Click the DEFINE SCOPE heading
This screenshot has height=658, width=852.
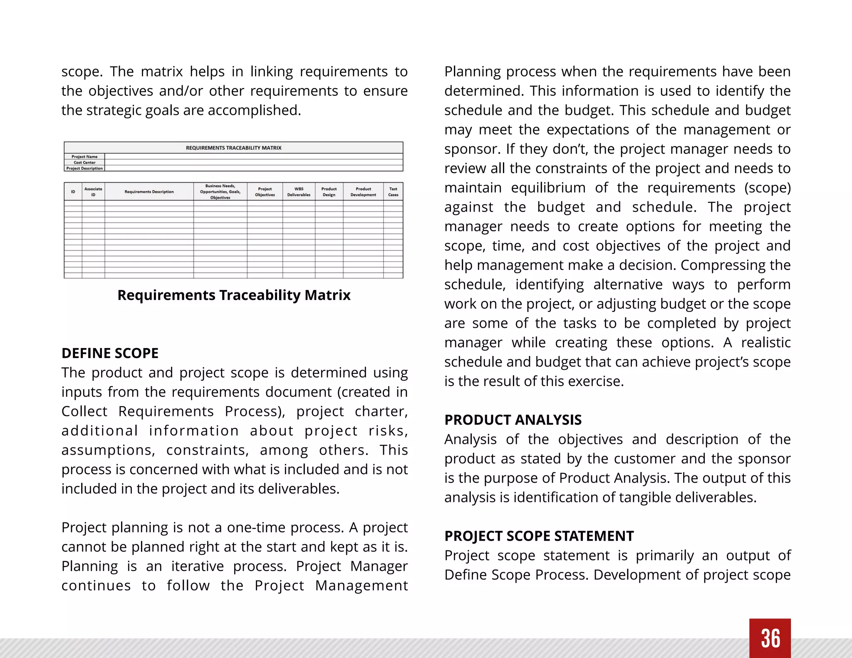click(x=110, y=353)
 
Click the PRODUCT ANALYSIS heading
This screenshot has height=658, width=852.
click(x=513, y=420)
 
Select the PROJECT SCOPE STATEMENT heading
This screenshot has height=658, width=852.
click(x=539, y=536)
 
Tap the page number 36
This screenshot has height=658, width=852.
click(x=770, y=638)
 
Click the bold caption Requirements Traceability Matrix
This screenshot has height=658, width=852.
click(x=234, y=295)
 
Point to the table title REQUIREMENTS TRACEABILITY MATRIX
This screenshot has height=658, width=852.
click(x=233, y=148)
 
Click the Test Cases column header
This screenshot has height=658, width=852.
click(x=393, y=192)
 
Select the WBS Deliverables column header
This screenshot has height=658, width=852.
click(x=299, y=192)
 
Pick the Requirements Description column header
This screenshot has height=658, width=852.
click(x=149, y=192)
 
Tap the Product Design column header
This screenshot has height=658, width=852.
click(x=329, y=192)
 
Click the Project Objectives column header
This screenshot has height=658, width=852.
click(x=265, y=192)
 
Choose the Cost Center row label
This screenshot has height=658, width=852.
click(x=84, y=163)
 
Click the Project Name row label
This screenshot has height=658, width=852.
click(x=84, y=157)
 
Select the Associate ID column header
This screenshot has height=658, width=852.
click(x=93, y=192)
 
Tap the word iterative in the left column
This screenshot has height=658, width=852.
click(x=197, y=566)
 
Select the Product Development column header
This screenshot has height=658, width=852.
click(x=363, y=192)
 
